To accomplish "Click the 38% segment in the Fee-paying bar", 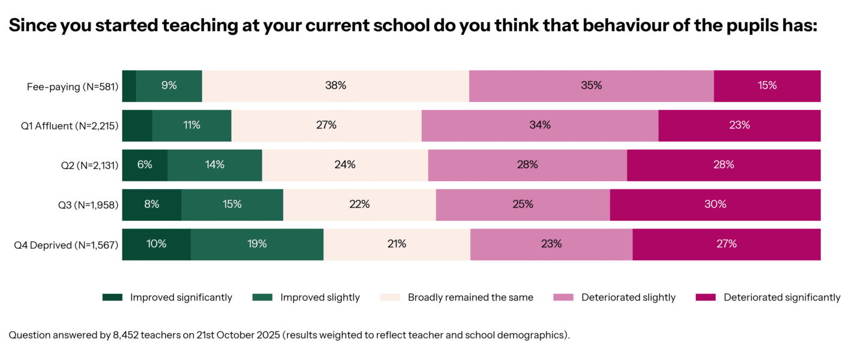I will [x=335, y=86].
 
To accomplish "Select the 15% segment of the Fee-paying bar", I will [x=767, y=86].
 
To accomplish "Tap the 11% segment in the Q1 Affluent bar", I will [x=191, y=125].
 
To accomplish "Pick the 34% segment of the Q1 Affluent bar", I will [x=539, y=125].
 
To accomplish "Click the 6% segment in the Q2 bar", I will [x=145, y=165].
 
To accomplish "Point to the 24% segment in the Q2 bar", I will [x=345, y=165].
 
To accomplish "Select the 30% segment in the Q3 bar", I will [x=715, y=205].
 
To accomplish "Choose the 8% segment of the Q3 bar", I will [x=152, y=205].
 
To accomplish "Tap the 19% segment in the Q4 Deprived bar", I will [x=257, y=244].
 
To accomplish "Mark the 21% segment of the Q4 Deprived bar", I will [x=397, y=244].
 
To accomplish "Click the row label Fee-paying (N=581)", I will [x=73, y=86].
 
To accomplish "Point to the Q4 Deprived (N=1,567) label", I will [x=66, y=245].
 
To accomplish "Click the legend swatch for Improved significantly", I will [x=112, y=298].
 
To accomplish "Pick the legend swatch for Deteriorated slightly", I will [x=563, y=298].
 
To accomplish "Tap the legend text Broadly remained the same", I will [x=470, y=298].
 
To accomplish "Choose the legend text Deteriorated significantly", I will [x=782, y=298].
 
